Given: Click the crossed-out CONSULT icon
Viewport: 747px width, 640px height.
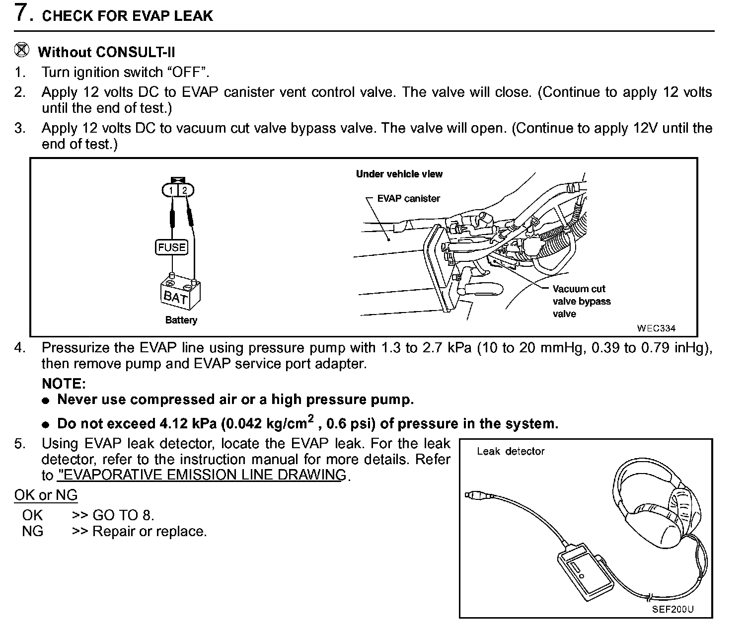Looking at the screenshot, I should (22, 50).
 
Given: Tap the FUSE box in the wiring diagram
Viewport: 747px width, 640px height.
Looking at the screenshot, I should (172, 247).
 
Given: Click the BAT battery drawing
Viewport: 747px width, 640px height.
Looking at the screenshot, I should (180, 293).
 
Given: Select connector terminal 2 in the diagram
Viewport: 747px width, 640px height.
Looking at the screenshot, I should (185, 190).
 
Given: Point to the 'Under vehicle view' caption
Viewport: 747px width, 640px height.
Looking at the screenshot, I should (399, 174).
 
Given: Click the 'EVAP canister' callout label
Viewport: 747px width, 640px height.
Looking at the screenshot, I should (408, 199).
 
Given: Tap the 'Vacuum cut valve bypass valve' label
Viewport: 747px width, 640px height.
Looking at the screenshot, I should (581, 301).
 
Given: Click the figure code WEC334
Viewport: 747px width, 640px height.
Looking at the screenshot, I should (656, 328).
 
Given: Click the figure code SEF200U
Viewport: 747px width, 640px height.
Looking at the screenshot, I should (673, 609).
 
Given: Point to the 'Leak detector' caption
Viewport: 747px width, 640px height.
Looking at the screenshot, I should (511, 451).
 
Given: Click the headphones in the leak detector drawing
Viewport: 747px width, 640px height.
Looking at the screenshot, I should (656, 502).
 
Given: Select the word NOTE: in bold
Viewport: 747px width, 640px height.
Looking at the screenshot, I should (64, 384).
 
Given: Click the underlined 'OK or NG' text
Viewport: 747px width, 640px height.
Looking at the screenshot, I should (46, 495).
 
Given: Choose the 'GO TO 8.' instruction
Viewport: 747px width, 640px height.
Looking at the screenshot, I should (123, 515).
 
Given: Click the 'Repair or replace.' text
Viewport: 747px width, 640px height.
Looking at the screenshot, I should (149, 531).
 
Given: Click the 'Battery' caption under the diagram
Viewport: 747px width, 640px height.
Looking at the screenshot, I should (181, 320).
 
